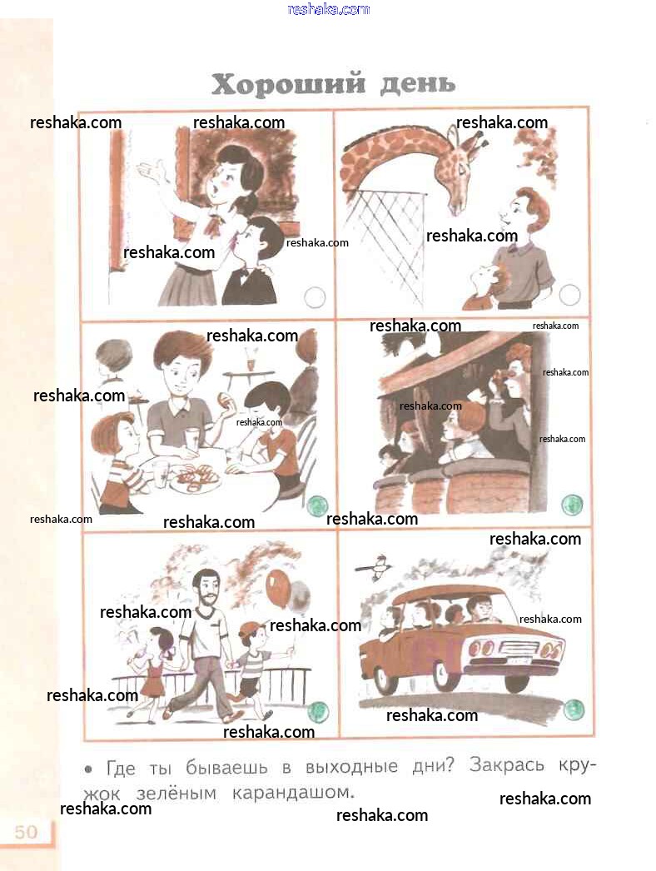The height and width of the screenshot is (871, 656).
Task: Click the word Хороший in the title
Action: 289,85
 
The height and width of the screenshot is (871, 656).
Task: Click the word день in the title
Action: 418,84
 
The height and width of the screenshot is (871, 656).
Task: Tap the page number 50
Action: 26,832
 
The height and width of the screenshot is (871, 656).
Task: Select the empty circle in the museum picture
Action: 315,297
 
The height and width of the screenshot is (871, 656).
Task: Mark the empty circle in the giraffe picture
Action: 570,295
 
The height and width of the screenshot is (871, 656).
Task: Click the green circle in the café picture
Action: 318,505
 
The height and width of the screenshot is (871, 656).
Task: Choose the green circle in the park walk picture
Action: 318,712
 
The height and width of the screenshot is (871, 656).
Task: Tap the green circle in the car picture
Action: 574,709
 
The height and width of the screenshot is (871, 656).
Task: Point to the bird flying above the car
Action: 375,566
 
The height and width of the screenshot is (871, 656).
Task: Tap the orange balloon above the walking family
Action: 278,588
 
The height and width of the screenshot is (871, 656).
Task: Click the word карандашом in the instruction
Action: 293,792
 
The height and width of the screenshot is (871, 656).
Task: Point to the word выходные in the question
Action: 351,767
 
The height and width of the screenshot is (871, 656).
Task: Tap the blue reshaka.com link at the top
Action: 329,9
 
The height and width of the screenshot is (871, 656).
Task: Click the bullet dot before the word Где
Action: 87,769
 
